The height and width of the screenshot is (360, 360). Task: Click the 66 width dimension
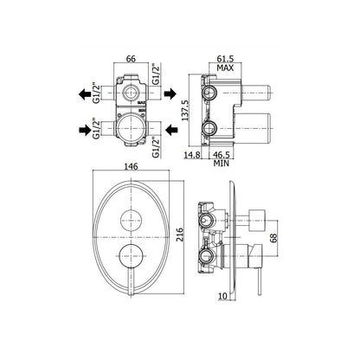pos(131,59)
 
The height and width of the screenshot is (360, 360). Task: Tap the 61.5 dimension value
pos(225,59)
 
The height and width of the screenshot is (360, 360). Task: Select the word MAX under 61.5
pos(225,68)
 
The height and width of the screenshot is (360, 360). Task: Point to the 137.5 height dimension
pos(185,111)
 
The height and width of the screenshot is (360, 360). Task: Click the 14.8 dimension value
pos(192,155)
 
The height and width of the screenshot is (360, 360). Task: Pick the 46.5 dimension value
pos(222,155)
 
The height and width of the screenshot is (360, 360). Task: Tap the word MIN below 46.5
pos(222,164)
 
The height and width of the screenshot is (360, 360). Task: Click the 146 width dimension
pos(131,167)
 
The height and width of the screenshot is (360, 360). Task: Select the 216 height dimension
pos(179,235)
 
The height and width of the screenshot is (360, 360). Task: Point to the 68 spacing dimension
pos(273,238)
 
